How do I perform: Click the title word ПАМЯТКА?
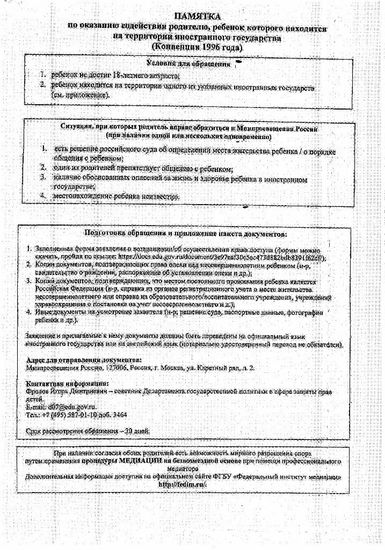coord(198,17)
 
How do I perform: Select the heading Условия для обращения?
coord(189,64)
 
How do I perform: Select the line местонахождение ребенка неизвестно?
coord(115,197)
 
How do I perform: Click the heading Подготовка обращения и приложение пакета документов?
coord(186,234)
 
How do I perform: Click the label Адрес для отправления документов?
coord(84,359)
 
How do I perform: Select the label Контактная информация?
coord(67,383)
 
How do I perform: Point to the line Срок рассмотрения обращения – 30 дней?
coord(88,431)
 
